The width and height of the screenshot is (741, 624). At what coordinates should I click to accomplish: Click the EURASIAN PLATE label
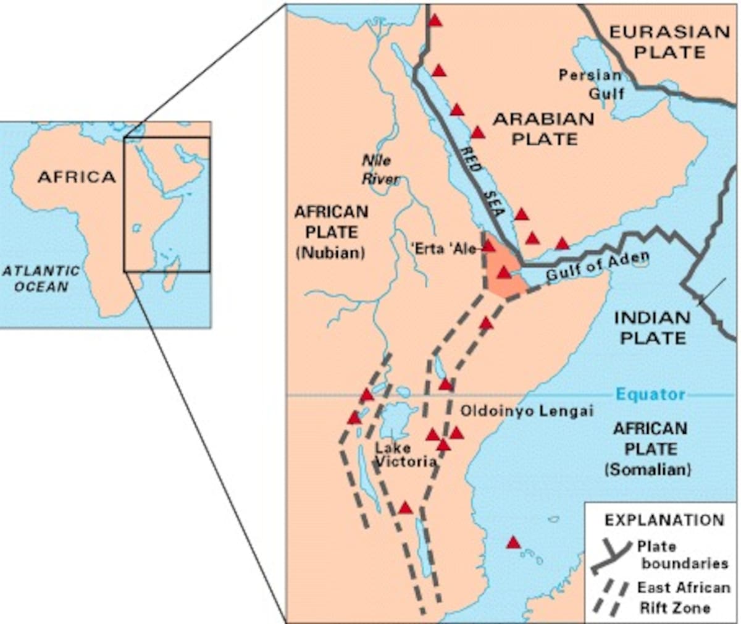669,41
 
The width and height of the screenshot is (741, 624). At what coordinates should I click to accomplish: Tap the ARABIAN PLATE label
543,129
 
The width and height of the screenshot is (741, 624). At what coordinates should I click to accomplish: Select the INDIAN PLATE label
652,328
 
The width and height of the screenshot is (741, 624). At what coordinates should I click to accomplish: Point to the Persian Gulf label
591,84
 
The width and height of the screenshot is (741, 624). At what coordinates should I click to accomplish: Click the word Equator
651,395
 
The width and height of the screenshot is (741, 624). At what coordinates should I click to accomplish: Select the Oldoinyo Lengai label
527,411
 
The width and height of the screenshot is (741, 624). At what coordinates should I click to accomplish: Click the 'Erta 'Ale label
444,249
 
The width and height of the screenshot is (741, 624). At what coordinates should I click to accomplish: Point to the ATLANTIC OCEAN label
41,279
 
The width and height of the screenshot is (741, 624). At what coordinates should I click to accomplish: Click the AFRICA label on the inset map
77,177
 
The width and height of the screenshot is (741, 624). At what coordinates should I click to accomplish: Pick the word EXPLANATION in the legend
664,520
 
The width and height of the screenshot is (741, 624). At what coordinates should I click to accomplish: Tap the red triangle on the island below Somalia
513,542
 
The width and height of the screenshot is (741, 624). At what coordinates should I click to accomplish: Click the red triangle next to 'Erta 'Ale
488,246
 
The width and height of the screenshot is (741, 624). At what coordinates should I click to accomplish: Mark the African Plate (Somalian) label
650,449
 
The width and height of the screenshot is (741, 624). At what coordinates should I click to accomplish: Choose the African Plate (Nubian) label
331,232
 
